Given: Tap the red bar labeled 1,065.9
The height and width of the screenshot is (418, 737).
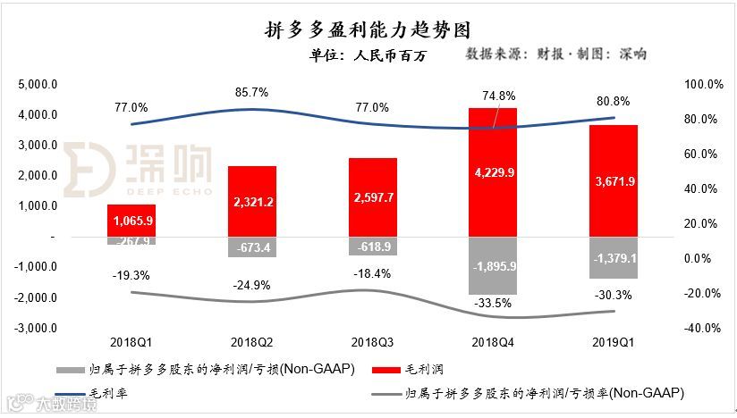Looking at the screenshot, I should pos(131,221).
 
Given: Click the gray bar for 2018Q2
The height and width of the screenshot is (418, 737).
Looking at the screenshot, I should pos(251,247).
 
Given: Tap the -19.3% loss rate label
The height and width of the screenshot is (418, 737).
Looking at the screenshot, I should pos(131,275).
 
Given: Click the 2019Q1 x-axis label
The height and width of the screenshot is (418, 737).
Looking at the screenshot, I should pos(613,342).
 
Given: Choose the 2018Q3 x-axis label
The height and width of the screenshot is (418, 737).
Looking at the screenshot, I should pos(372,342).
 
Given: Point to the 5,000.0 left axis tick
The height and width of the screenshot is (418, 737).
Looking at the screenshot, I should pos(38,85).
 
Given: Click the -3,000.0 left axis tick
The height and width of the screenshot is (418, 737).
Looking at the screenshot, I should pos(37,328).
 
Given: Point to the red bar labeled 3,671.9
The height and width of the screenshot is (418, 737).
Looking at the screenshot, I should pos(613,180).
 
